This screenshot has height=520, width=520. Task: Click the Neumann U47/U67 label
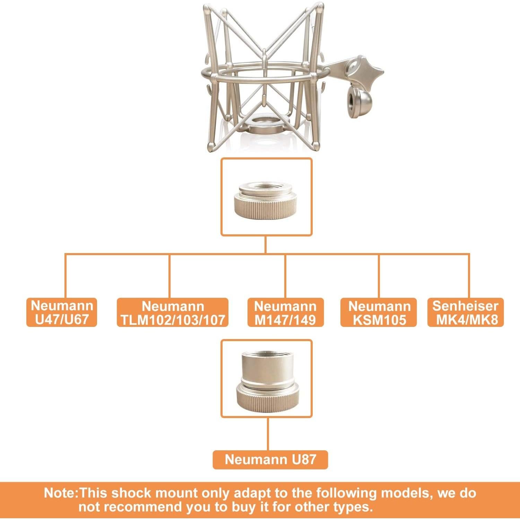click(62, 312)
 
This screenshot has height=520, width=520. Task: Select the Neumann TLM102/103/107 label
click(173, 313)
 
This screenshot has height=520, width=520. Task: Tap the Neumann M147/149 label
click(285, 313)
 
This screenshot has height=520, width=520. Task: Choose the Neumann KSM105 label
click(379, 313)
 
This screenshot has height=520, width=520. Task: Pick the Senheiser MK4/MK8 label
click(465, 312)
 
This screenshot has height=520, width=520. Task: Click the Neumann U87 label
click(270, 459)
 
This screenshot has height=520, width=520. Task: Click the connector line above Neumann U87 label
click(268, 433)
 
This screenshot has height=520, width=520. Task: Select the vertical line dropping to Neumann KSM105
click(379, 276)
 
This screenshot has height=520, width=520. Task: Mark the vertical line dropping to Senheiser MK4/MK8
click(469, 276)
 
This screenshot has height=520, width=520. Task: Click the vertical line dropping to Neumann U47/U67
click(66, 276)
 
